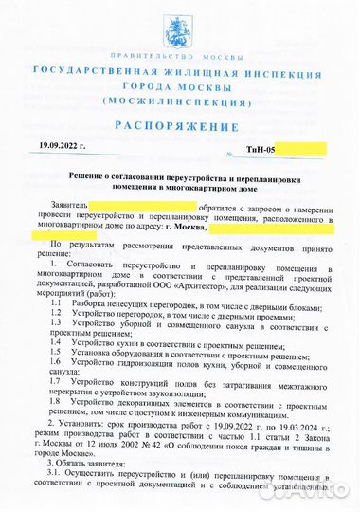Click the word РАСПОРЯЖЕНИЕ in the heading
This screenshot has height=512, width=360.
pyautogui.click(x=179, y=126)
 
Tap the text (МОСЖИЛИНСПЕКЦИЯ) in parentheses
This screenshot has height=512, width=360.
pyautogui.click(x=179, y=100)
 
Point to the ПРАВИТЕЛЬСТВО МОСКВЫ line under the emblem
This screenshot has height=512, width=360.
pyautogui.click(x=179, y=55)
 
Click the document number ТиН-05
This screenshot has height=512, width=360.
pyautogui.click(x=259, y=150)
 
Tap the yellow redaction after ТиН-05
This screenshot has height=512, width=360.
pyautogui.click(x=301, y=149)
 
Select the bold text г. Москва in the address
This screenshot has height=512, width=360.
pyautogui.click(x=187, y=228)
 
